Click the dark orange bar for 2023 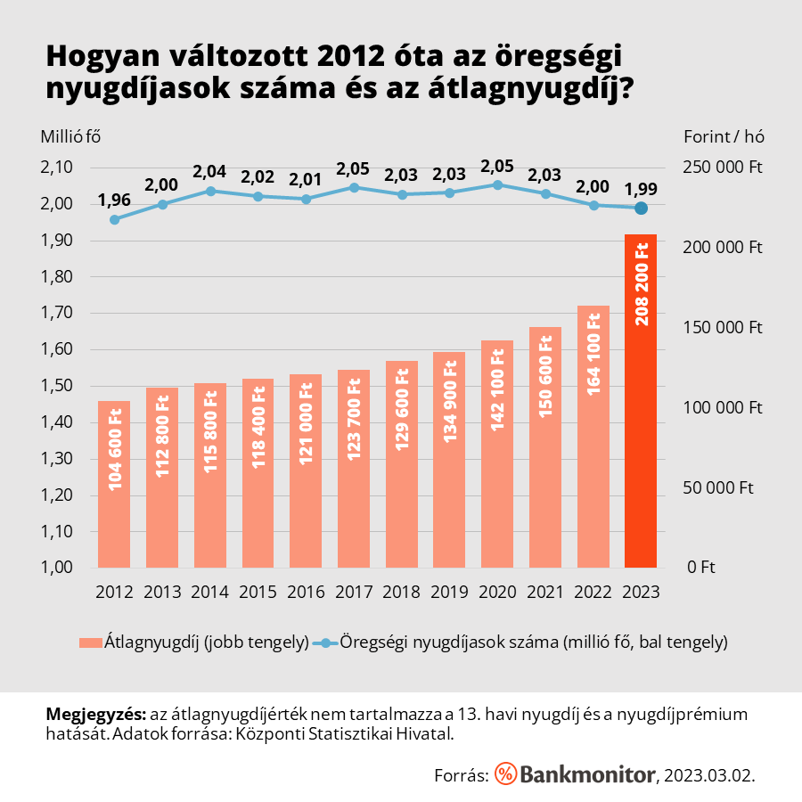[641, 401]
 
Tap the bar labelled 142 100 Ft [497, 454]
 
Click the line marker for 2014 [210, 191]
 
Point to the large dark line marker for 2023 [641, 209]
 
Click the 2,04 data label [210, 170]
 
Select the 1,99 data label [641, 188]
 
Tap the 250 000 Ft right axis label [721, 168]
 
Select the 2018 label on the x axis [401, 592]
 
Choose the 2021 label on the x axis [545, 592]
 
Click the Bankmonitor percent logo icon [505, 773]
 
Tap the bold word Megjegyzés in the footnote [95, 715]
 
